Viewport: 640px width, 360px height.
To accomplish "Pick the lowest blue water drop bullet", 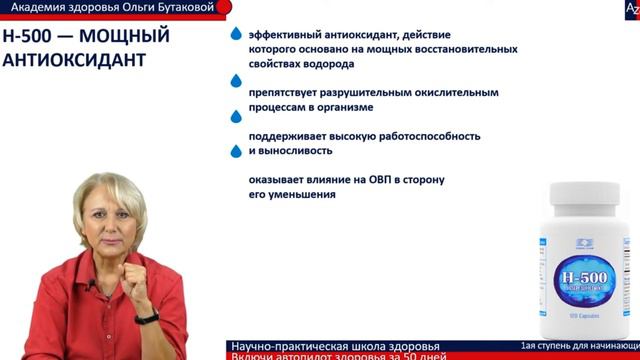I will (236, 152).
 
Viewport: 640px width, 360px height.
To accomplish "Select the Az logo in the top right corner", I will (632, 9).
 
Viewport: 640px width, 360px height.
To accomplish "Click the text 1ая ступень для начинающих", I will (580, 346).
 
